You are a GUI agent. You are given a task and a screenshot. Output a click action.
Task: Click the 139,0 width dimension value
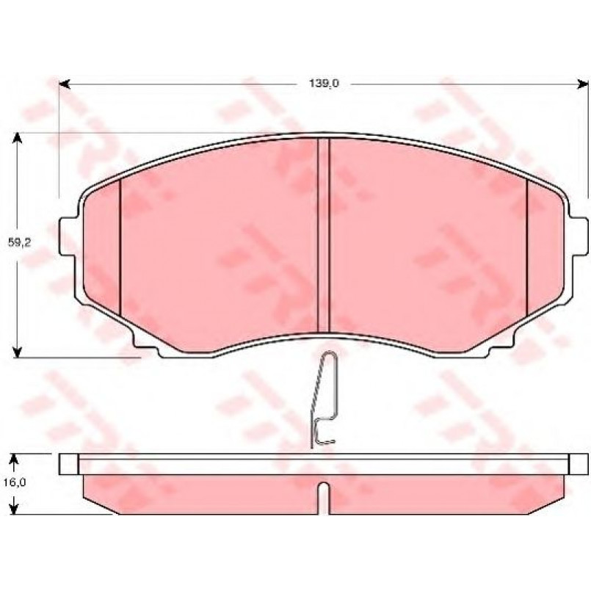(x=324, y=83)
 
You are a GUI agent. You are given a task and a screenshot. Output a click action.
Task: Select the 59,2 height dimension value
(x=19, y=243)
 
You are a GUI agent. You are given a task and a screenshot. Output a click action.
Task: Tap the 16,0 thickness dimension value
(x=15, y=482)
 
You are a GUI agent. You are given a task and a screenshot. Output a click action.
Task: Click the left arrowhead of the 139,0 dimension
(x=65, y=84)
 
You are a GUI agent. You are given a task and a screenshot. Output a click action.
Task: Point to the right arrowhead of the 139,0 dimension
(x=582, y=84)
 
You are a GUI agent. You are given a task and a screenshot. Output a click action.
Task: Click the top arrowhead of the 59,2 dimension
(x=17, y=138)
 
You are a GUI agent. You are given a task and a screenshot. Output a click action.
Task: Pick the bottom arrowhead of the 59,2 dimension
(x=17, y=352)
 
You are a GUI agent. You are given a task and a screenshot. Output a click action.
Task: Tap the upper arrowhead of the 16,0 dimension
(x=14, y=460)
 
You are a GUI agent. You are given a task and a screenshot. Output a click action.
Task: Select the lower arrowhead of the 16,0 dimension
(x=14, y=508)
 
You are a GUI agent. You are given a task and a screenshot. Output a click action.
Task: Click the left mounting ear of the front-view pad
(x=68, y=236)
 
